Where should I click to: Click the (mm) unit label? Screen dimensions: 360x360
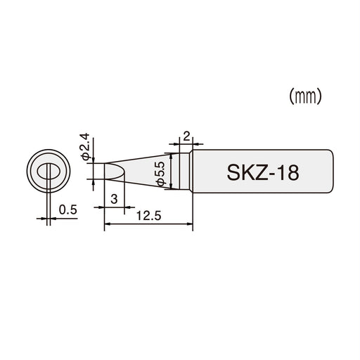(305, 97)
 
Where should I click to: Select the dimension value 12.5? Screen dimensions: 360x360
(148, 216)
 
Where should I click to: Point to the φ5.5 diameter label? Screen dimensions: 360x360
(160, 172)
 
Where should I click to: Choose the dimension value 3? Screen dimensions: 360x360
(114, 199)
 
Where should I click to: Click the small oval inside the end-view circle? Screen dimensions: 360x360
(49, 171)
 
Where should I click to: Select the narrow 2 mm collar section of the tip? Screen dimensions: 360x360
(186, 171)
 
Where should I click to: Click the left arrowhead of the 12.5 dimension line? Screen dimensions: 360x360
(107, 224)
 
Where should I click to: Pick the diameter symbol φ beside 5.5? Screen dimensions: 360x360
(160, 183)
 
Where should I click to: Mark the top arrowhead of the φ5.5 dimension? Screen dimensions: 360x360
(172, 155)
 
